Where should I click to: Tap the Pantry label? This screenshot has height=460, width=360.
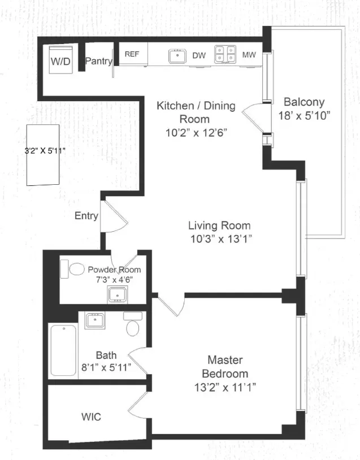coord(98,61)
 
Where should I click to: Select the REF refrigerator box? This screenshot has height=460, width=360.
coord(132,54)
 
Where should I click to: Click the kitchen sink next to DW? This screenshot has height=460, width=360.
coord(179,55)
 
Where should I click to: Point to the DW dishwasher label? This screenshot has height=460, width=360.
coord(199,55)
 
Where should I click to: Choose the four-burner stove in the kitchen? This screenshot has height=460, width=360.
coord(225,55)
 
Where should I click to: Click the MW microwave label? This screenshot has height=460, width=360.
coord(248,55)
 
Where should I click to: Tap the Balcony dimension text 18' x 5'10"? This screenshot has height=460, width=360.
coord(304,115)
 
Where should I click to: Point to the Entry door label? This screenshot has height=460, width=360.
coord(86,216)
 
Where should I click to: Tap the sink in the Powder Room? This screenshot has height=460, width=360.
coord(118,294)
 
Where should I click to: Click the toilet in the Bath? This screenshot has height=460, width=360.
coord(133,326)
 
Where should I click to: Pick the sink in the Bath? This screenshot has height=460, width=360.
coord(94,320)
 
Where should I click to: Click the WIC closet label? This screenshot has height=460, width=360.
coord(91,417)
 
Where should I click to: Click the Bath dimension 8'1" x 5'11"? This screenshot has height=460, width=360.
coord(106,367)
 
